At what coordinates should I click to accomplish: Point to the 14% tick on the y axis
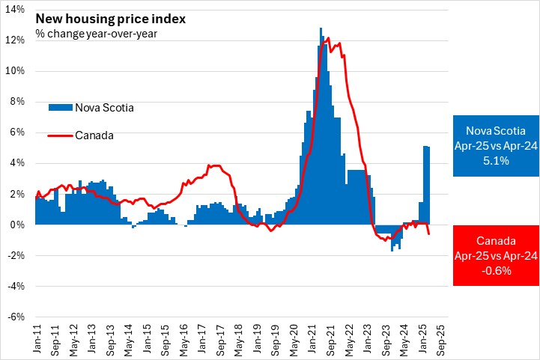(x=16, y=10)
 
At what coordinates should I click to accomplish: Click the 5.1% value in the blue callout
(x=497, y=159)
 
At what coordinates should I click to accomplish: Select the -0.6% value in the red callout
(x=497, y=271)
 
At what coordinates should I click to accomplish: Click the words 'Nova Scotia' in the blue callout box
(x=497, y=127)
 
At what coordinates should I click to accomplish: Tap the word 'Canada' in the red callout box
(x=497, y=241)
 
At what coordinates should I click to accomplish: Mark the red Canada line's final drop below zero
(x=428, y=233)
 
